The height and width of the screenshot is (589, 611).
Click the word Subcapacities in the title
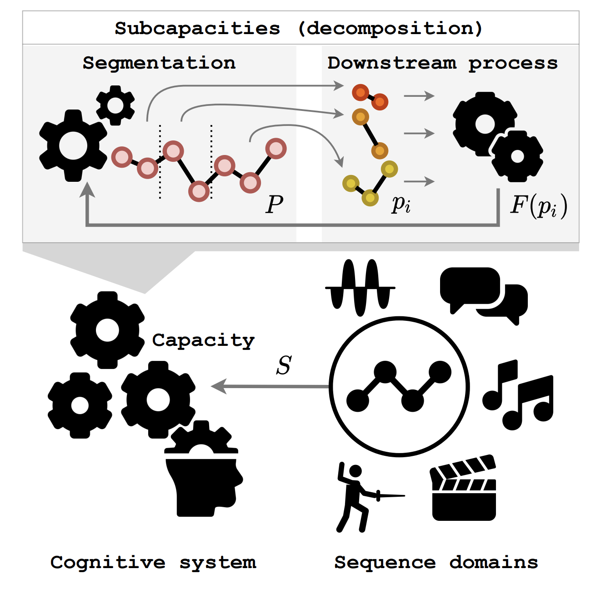pos(197,29)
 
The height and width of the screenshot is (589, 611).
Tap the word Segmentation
pos(159,63)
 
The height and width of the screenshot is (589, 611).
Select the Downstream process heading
pos(442,63)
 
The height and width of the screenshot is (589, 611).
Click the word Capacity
pos(203,340)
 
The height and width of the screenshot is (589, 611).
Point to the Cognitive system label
pos(153,563)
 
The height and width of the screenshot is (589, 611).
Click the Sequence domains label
pos(436,563)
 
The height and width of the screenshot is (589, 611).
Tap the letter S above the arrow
pos(284,365)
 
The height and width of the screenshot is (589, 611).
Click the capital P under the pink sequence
pos(275,204)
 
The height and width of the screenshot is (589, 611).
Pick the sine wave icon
pos(360,287)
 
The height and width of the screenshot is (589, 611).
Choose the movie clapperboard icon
pos(463,488)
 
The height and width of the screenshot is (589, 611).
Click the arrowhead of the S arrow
pos(217,386)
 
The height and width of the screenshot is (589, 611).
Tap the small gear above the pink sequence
pos(115,105)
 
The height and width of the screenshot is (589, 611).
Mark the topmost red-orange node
pos(361,93)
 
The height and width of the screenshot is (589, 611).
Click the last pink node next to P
pos(275,149)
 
